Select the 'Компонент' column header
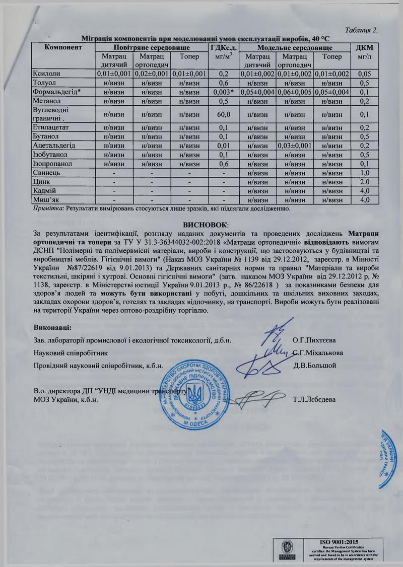63,47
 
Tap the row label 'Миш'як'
46,200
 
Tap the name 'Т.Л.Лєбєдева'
315,400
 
